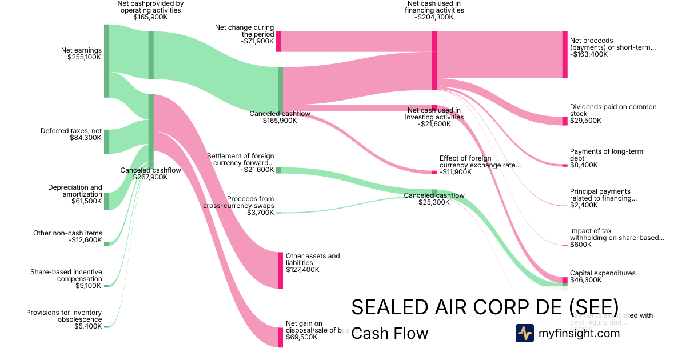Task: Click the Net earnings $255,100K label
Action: (81, 54)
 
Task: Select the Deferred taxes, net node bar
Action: (106, 141)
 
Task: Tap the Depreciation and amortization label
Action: (75, 191)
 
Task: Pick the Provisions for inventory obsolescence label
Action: (64, 316)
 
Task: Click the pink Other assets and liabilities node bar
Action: (280, 270)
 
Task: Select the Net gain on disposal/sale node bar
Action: (280, 337)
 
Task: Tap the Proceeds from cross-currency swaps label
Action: (238, 202)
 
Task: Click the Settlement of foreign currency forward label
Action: (240, 159)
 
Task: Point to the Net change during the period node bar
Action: (278, 42)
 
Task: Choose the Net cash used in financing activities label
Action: (434, 10)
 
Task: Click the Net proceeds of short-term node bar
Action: (565, 55)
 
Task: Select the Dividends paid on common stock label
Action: (613, 110)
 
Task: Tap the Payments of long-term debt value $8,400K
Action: (584, 165)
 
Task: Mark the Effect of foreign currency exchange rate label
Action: (480, 162)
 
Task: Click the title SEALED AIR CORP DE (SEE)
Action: (484, 306)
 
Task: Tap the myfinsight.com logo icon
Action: (524, 333)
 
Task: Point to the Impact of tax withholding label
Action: (617, 234)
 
